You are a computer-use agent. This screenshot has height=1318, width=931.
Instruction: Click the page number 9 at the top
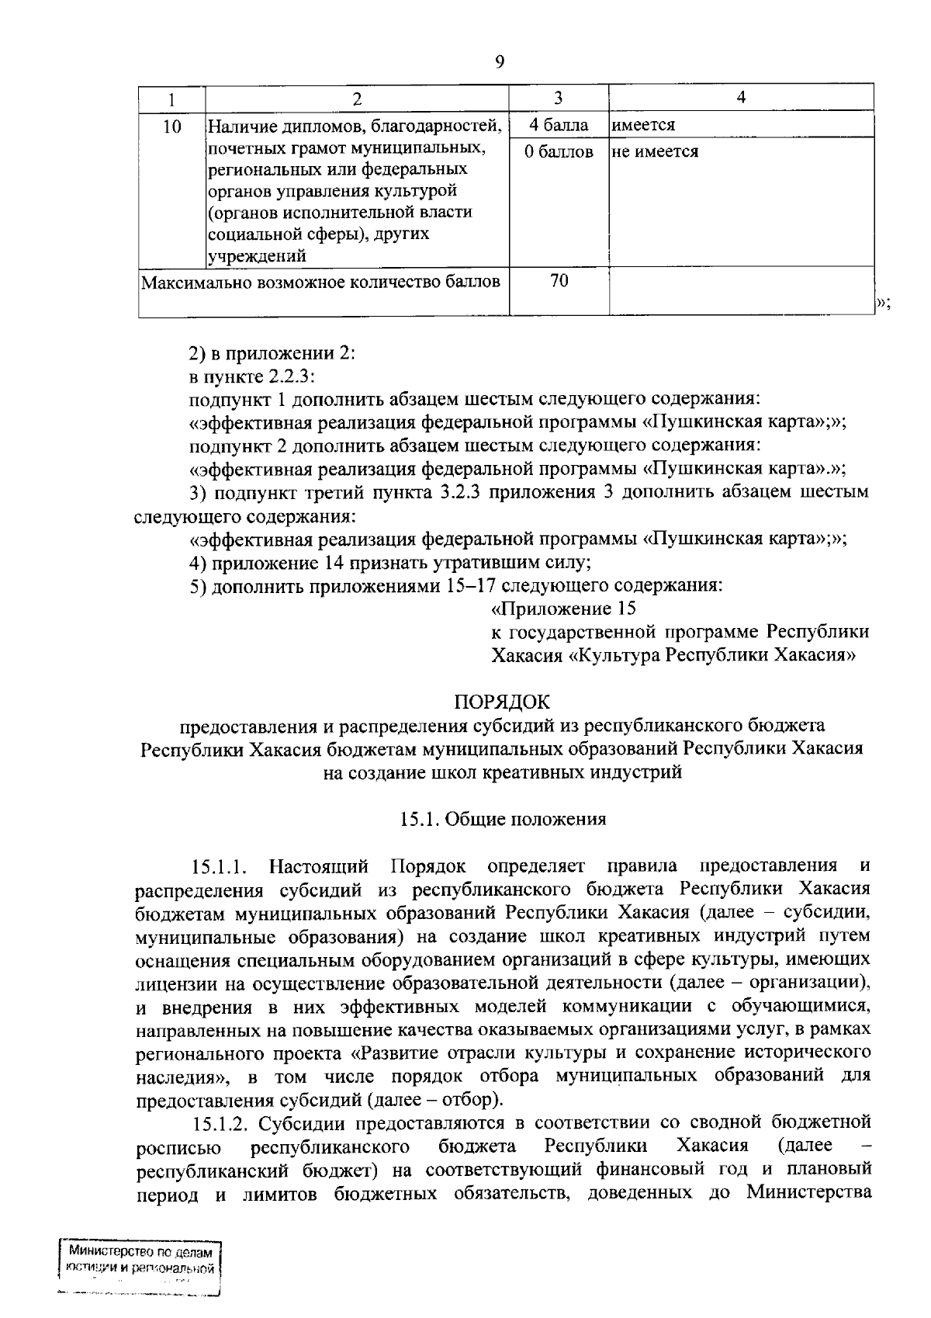[499, 63]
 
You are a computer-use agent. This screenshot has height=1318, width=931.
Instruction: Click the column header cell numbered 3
[558, 98]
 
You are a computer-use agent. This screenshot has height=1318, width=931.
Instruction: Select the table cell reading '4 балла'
[559, 125]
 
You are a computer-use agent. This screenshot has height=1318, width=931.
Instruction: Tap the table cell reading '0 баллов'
[559, 152]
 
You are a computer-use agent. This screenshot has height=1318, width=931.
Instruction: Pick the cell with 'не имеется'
[655, 152]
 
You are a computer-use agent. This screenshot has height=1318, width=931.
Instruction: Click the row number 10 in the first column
[172, 126]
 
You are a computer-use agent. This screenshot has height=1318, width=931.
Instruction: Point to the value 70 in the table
[559, 281]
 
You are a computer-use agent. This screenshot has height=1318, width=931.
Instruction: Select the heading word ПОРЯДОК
[501, 702]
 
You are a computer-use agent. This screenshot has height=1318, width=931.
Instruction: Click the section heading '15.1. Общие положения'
[502, 819]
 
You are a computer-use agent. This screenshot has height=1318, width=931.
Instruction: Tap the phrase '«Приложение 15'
[564, 609]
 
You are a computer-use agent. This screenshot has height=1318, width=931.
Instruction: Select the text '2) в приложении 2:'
[272, 353]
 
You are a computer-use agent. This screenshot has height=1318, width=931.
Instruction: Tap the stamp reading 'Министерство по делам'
[140, 1252]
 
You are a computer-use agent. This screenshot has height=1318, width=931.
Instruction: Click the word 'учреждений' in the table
[257, 255]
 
